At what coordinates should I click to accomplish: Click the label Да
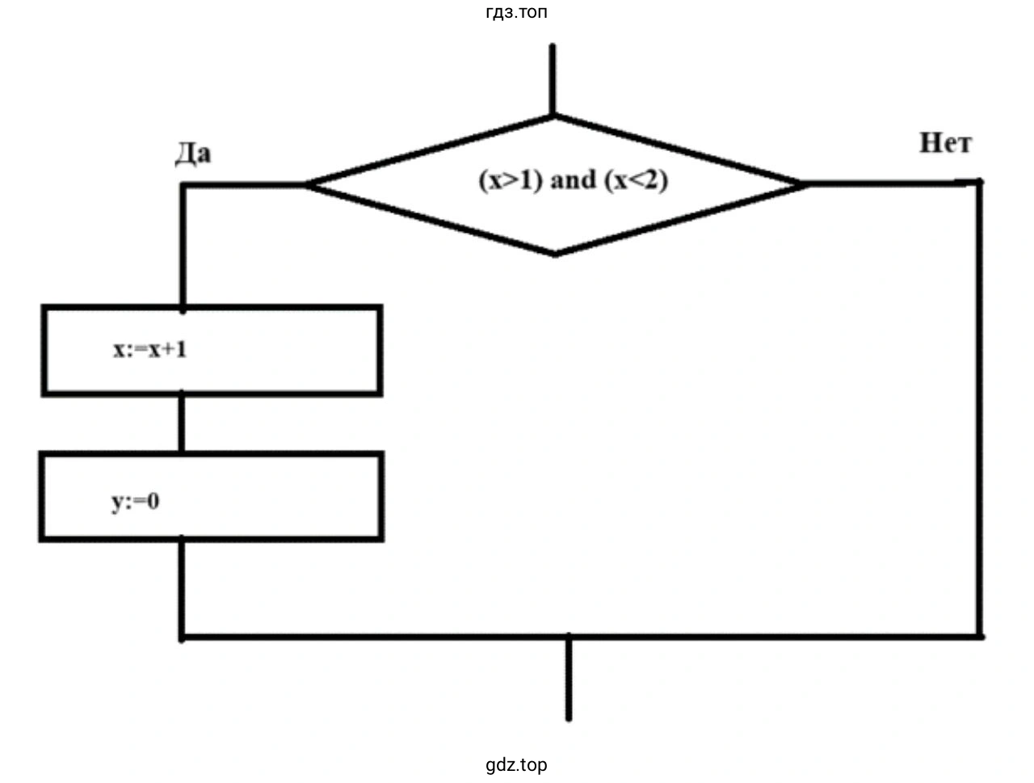tap(192, 154)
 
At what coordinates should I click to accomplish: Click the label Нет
tap(945, 144)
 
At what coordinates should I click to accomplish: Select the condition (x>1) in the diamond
tap(511, 180)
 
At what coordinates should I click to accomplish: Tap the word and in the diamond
tap(572, 180)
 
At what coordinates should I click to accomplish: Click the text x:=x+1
tap(149, 350)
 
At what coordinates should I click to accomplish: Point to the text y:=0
tap(135, 502)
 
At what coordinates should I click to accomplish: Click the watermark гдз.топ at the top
tap(517, 12)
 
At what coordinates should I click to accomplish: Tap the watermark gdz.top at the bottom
tap(516, 764)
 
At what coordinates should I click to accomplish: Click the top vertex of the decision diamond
tap(553, 118)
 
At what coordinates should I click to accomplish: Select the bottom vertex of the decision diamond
tap(555, 255)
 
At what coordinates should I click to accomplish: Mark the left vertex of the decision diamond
tap(306, 185)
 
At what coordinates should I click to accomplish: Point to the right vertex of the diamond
tap(805, 184)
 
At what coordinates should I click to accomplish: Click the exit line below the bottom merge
tap(569, 679)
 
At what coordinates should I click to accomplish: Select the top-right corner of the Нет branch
tap(980, 183)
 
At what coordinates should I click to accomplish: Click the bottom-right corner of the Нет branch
tap(980, 636)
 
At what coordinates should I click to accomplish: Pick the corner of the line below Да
tap(183, 186)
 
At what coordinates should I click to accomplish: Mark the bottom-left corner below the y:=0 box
tap(183, 637)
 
